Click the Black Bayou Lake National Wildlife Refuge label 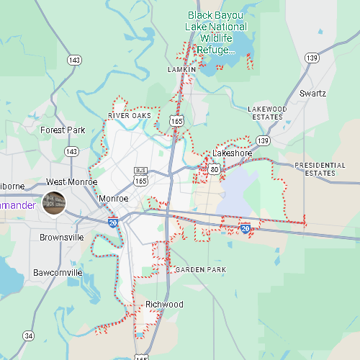(217, 32)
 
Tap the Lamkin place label (181, 70)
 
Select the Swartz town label (312, 94)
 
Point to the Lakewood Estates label (267, 112)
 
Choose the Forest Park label (63, 130)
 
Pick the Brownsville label (61, 237)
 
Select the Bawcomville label (58, 273)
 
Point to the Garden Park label (200, 269)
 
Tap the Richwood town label (164, 305)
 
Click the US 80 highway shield (215, 169)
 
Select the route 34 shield (28, 336)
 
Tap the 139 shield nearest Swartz (312, 58)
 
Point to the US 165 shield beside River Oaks (176, 122)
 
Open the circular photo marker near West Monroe (54, 203)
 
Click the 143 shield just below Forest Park (71, 152)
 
